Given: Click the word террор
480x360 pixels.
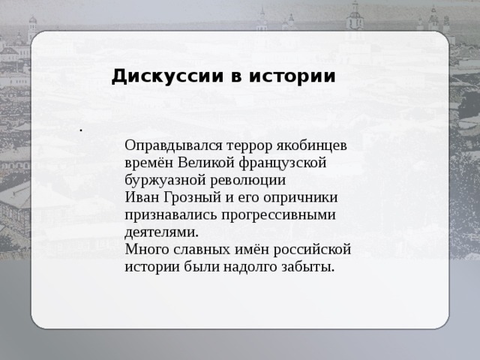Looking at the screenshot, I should (x=240, y=145).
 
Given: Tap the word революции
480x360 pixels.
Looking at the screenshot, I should (x=248, y=181).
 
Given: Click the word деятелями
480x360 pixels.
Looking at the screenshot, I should (x=162, y=232).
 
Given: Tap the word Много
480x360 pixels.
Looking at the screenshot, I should (x=145, y=250).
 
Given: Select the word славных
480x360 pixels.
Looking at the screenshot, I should (x=196, y=250).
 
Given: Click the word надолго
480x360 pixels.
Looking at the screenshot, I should (x=252, y=267).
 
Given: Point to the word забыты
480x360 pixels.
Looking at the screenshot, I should (x=307, y=267).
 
